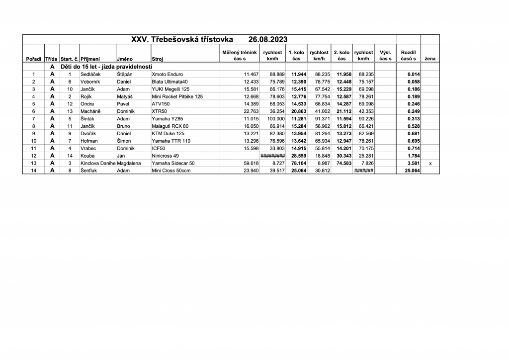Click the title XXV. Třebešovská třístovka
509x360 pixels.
click(182, 39)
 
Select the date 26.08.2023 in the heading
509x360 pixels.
click(267, 39)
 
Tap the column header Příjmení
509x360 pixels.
click(90, 59)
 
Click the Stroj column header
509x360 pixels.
click(158, 59)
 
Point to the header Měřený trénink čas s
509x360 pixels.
click(239, 55)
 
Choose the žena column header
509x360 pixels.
click(430, 59)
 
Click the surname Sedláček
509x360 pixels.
click(90, 74)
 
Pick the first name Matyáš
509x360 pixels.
click(125, 96)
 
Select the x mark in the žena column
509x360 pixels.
click(430, 163)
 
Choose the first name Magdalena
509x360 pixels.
click(129, 163)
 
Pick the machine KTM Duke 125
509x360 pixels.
click(169, 134)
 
